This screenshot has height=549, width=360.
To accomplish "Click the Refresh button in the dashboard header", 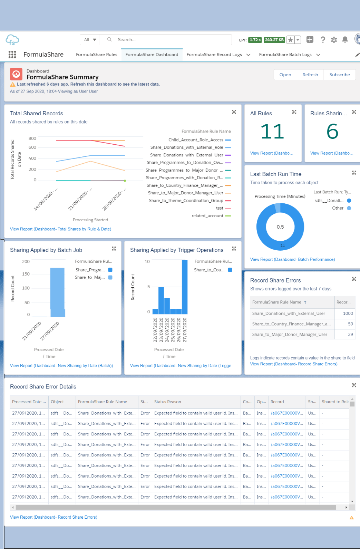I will (x=310, y=75).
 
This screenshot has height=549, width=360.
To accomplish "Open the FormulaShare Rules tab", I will (x=96, y=55).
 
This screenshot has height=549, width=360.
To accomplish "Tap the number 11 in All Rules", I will (x=272, y=132).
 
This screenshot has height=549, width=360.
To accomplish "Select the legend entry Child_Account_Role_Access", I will (x=196, y=140).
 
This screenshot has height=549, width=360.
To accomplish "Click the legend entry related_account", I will (x=207, y=216).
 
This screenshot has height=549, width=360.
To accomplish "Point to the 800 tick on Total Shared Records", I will (x=32, y=138).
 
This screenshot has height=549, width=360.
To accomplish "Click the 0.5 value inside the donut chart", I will (x=280, y=227).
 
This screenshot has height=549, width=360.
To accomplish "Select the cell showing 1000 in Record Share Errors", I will (x=348, y=314).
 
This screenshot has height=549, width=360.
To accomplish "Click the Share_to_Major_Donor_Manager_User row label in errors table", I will (x=290, y=335).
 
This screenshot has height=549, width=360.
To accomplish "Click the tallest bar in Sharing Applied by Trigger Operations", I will (x=185, y=287).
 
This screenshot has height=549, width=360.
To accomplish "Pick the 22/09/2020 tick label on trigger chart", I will (x=155, y=330).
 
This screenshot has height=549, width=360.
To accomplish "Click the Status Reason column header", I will (x=168, y=402).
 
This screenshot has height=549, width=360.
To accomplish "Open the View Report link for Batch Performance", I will (x=292, y=259).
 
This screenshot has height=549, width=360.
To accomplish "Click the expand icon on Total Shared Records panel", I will (x=234, y=112).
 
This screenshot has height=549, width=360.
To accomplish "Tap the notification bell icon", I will (x=345, y=40).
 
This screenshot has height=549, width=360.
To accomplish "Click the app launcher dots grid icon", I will (x=12, y=55).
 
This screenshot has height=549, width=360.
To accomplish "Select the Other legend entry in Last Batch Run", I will (x=338, y=208).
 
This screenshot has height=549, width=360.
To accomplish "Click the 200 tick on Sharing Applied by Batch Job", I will (x=26, y=262).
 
